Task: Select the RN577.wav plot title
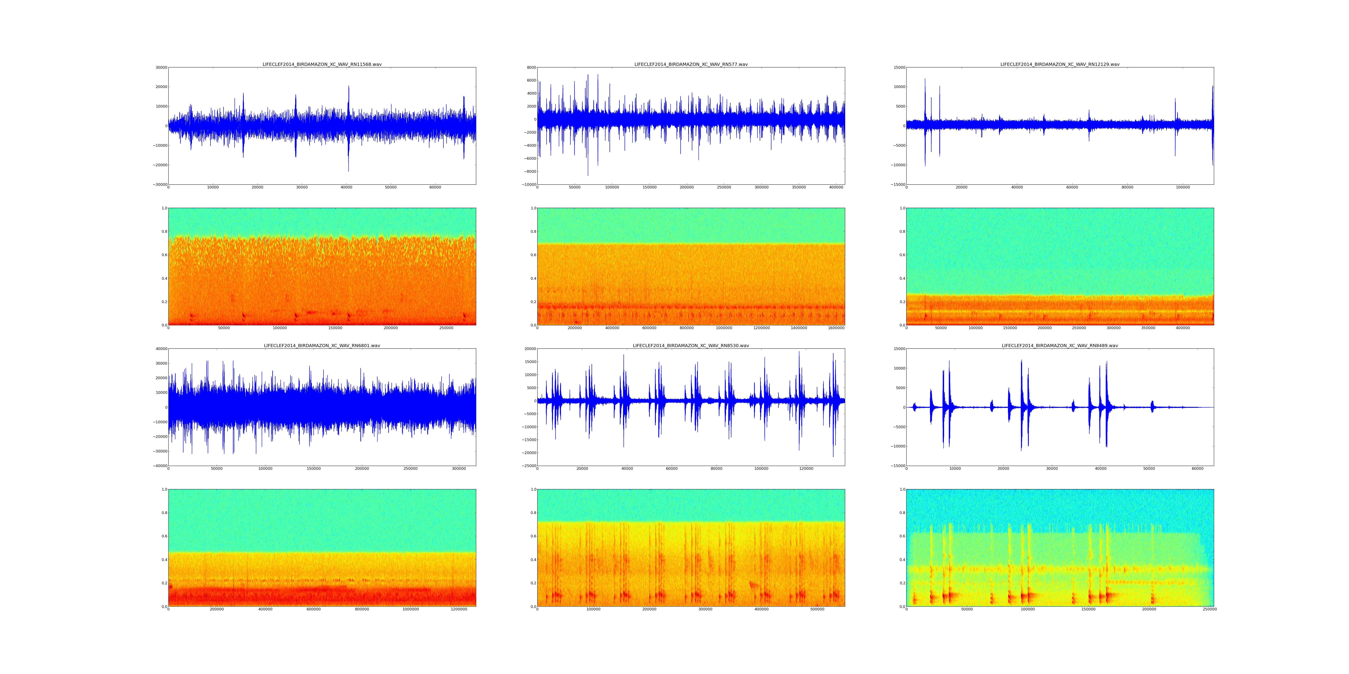(691, 64)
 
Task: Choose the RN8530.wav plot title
(691, 346)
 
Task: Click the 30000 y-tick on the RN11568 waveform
(160, 67)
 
